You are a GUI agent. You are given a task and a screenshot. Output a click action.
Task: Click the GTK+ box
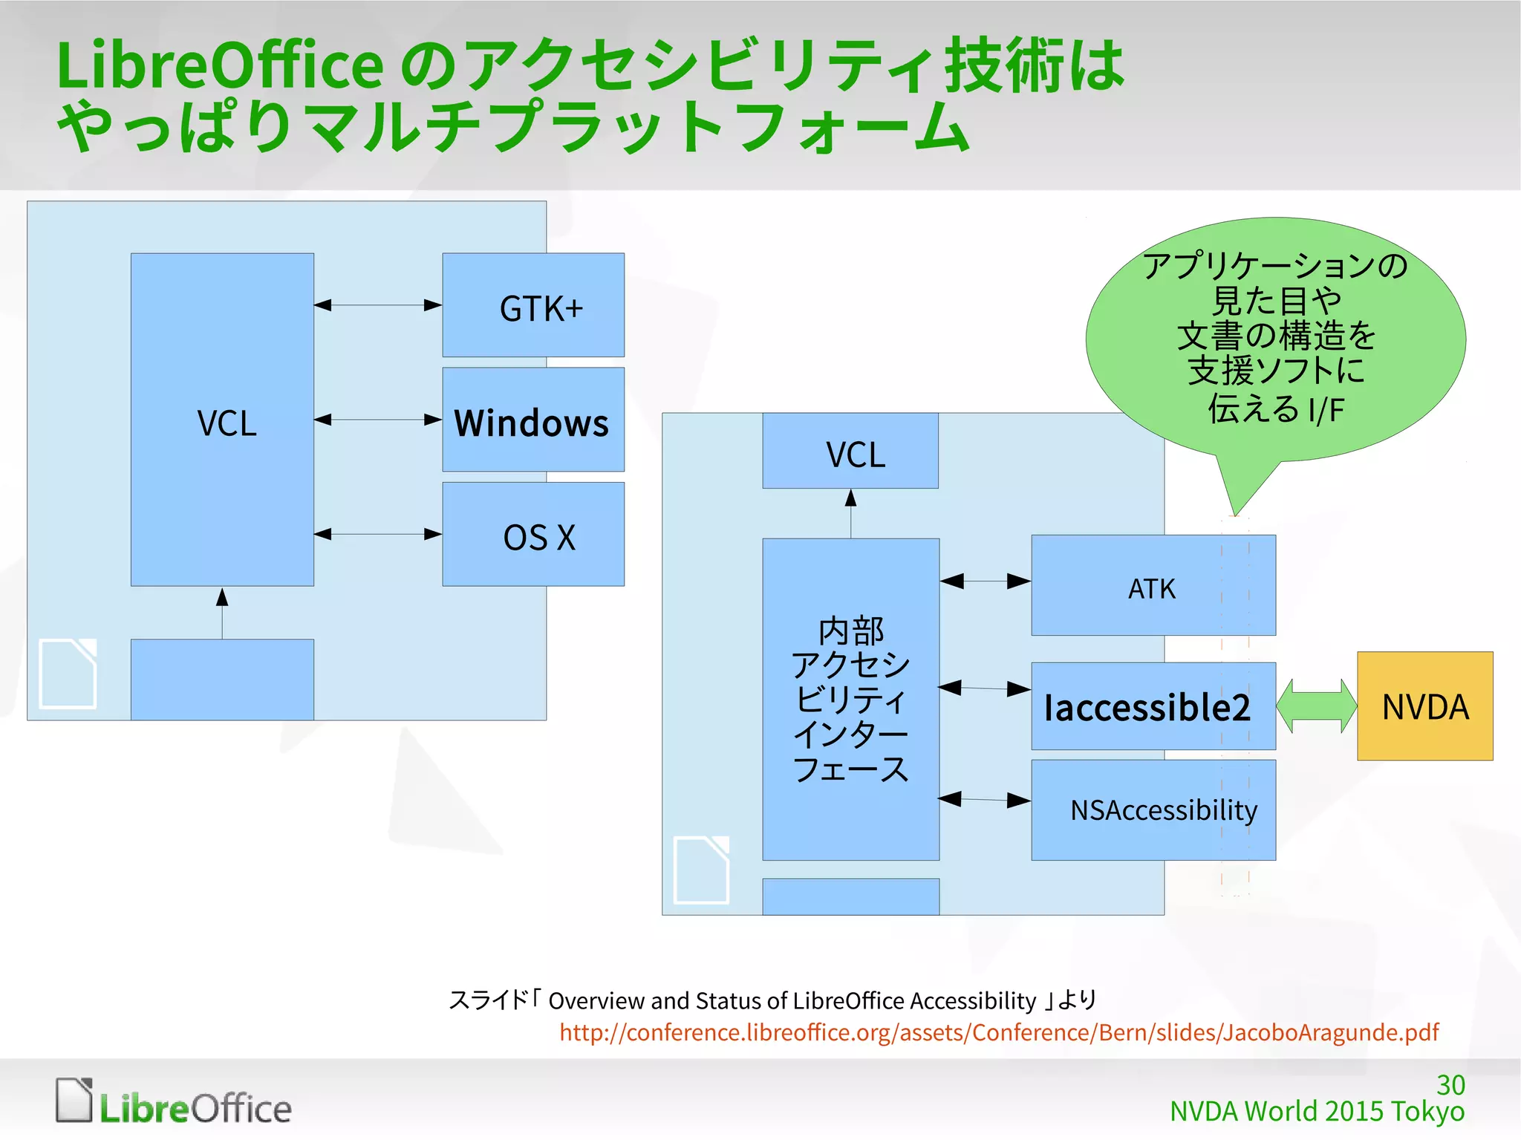coord(533,305)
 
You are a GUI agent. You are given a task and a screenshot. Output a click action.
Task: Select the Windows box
coord(533,420)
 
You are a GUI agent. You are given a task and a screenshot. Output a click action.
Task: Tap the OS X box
coord(533,535)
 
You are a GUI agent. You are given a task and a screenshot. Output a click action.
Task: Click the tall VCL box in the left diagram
coord(222,420)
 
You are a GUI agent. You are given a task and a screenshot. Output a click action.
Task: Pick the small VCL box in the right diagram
coord(850,452)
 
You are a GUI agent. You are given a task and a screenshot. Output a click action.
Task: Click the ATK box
coord(1153,586)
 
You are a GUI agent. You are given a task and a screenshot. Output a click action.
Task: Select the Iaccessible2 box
coord(1153,706)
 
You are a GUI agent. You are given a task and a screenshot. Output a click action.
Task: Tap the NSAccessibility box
coord(1153,810)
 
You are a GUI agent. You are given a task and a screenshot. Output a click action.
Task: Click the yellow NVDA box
coord(1424,706)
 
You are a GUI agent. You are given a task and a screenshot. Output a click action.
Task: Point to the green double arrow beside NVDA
coord(1316,706)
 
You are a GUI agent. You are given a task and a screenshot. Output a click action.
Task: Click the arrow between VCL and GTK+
coord(378,305)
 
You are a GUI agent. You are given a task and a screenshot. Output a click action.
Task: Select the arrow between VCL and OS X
coord(378,535)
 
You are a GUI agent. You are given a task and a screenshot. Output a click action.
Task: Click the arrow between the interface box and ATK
coord(985,582)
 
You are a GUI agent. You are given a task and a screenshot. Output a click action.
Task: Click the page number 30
coord(1450,1085)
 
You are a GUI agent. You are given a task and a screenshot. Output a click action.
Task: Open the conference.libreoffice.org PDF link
coord(999,1033)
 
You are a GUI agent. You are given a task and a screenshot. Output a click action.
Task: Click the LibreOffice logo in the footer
coord(174,1102)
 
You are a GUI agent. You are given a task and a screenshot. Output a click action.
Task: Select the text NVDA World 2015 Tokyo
coord(1317,1112)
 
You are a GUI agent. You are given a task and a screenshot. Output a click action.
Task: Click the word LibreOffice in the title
coord(220,65)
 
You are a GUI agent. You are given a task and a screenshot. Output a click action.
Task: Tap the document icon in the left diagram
coord(68,673)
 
